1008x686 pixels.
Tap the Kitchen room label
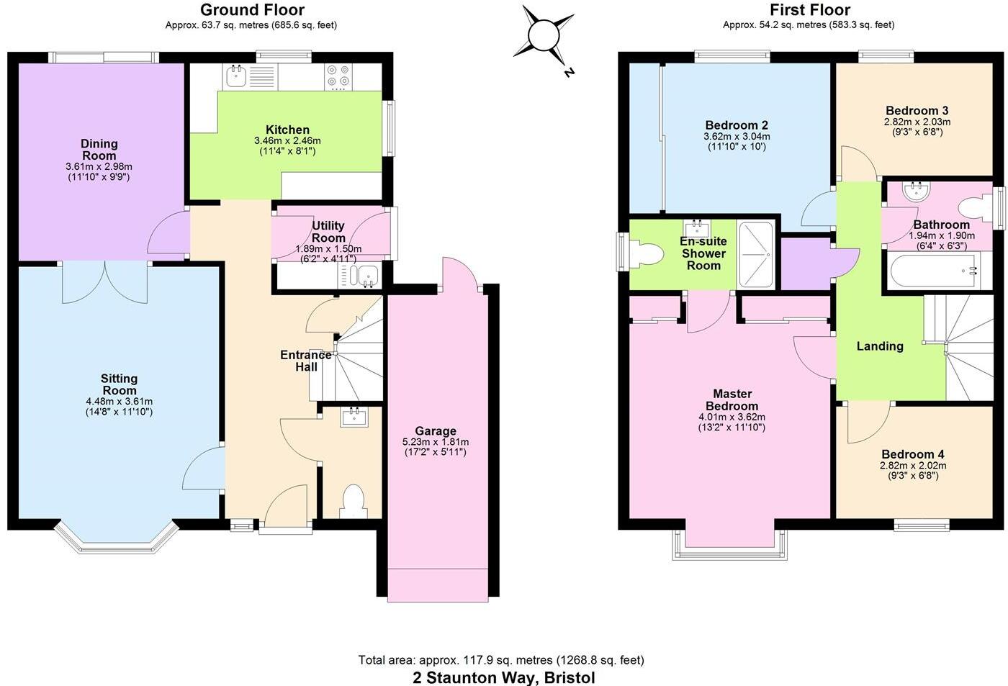287,130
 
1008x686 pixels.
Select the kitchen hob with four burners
338,77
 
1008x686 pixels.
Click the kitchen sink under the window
236,75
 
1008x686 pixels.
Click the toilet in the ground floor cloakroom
352,501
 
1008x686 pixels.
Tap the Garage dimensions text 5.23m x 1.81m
436,442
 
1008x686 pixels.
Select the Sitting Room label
120,384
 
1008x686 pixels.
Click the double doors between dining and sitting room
105,281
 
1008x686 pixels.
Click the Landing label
879,346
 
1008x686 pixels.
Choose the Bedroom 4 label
912,454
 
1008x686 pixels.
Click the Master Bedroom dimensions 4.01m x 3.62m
732,417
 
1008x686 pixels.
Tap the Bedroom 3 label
917,110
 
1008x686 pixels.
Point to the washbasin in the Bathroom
917,190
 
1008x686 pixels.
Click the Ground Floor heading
252,10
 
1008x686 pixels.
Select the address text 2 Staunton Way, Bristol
503,677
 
